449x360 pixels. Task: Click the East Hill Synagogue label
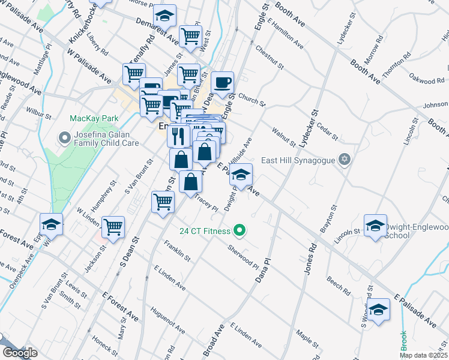[x=297, y=161]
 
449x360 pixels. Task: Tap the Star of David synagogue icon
[x=344, y=160]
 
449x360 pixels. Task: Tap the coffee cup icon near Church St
[x=223, y=82]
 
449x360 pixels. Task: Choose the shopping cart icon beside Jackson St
[x=113, y=227]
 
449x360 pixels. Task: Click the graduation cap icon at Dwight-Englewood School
[x=375, y=225]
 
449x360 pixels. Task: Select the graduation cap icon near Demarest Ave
[x=164, y=16]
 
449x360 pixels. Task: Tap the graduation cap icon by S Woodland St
[x=378, y=310]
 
